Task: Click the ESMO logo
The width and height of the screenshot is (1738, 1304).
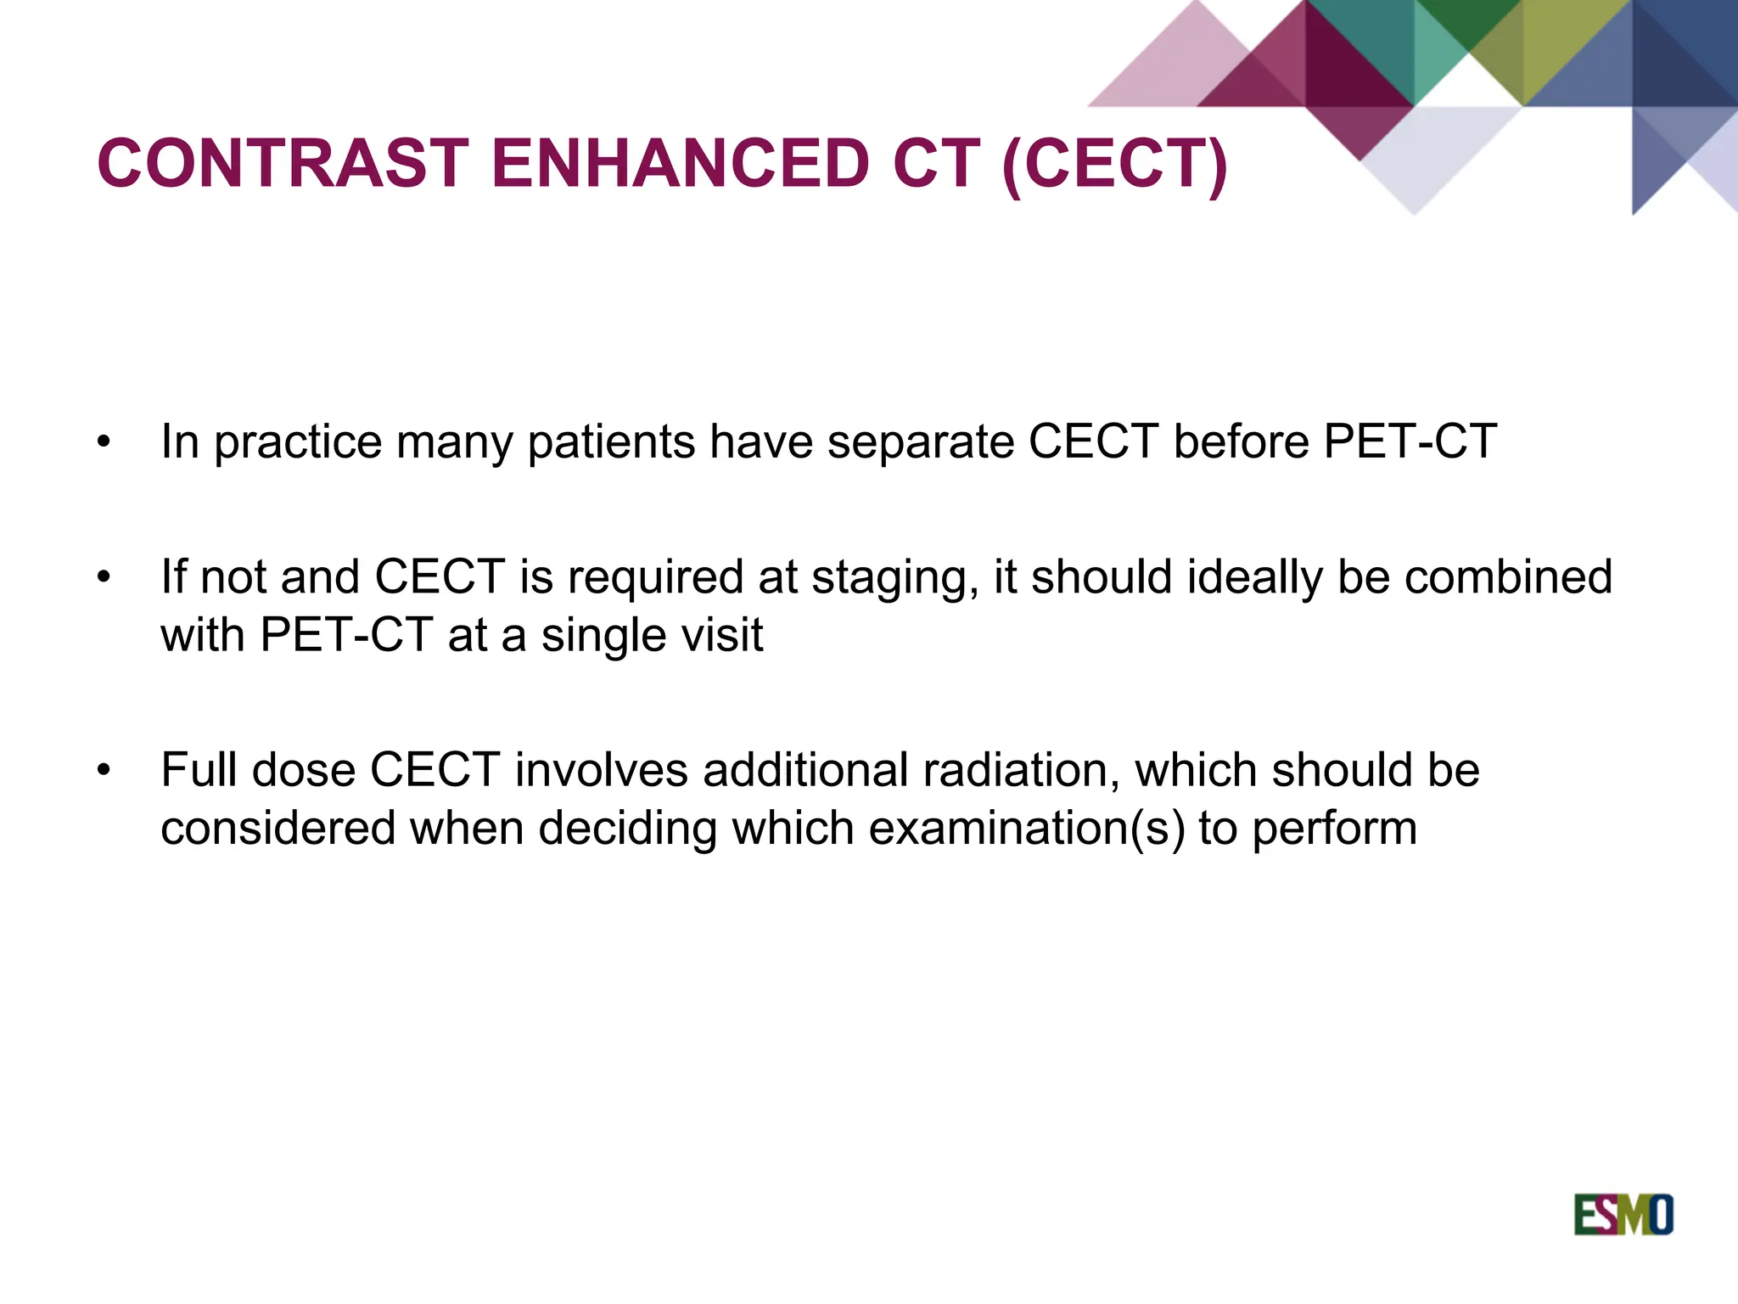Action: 1623,1215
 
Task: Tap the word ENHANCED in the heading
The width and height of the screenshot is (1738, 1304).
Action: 680,163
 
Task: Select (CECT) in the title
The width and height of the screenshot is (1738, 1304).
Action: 1114,163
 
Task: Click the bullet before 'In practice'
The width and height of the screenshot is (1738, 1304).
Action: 104,442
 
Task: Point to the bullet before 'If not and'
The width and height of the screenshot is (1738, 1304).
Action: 104,578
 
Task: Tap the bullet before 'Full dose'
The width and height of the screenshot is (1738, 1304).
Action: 104,771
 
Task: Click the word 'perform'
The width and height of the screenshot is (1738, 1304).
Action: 1334,829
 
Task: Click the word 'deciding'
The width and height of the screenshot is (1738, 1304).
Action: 627,828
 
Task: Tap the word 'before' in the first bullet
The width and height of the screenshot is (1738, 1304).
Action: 1241,442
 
